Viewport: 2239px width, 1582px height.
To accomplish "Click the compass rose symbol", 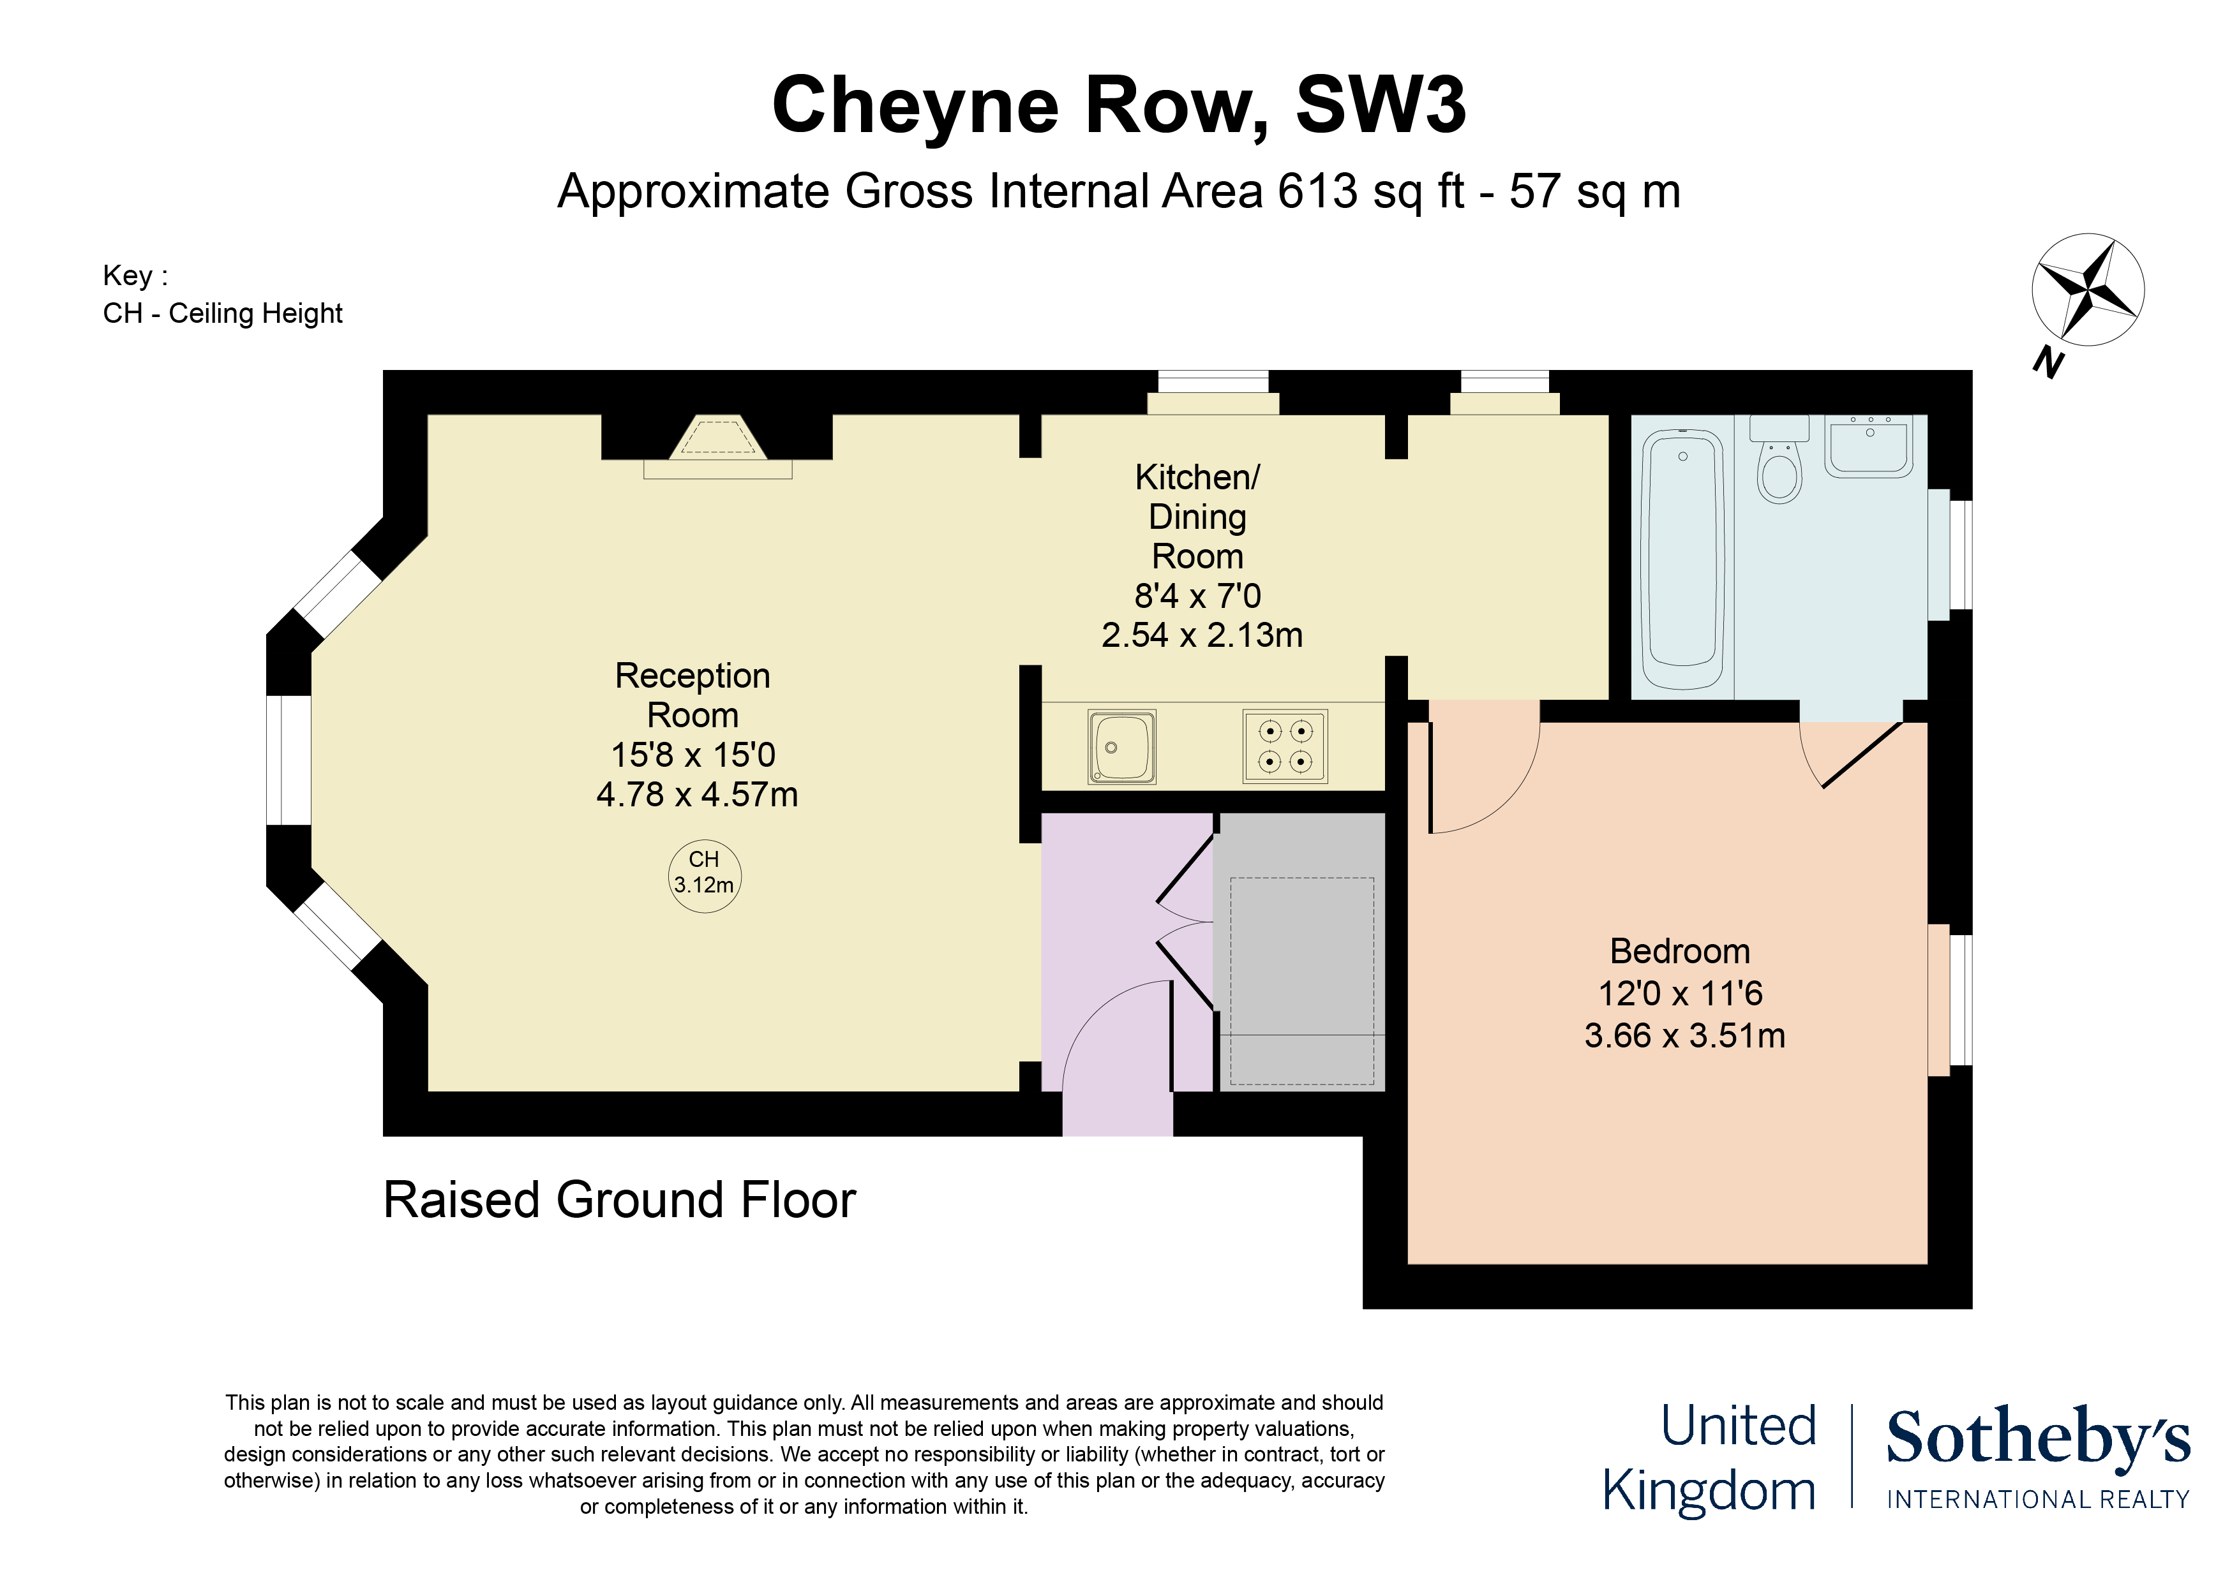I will (2087, 290).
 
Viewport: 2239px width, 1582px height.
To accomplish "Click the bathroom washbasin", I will (1868, 448).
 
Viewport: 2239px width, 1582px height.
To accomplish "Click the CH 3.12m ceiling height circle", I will (704, 875).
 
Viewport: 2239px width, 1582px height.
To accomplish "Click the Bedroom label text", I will (1679, 951).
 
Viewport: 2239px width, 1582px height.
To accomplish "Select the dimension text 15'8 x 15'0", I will (693, 755).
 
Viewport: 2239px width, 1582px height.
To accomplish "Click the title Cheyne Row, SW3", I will (1118, 105).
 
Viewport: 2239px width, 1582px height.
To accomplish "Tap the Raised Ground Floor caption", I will (619, 1200).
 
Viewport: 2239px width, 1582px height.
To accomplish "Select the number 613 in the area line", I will (1317, 191).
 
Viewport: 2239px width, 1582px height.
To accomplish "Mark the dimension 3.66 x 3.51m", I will (1684, 1035).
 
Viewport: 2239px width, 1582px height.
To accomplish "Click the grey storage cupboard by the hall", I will (1300, 950).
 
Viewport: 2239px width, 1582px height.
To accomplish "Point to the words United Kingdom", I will (1711, 1458).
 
